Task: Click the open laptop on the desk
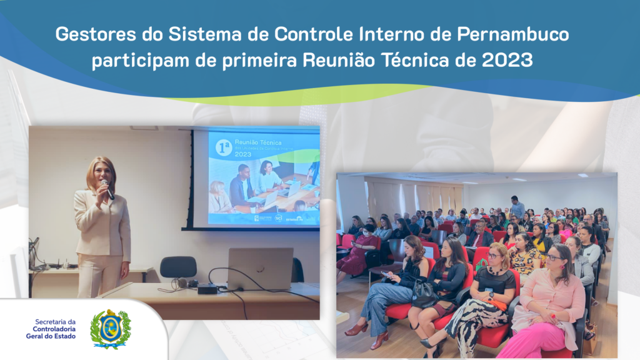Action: point(259,268)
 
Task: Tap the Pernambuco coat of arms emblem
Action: point(111,328)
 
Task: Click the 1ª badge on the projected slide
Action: point(223,147)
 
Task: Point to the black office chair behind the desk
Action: point(178,268)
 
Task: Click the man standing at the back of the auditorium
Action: point(517,207)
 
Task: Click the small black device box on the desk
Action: point(207,288)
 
